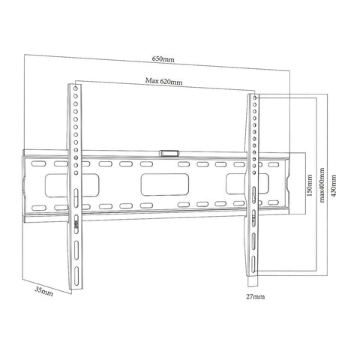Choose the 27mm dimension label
pyautogui.click(x=256, y=297)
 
